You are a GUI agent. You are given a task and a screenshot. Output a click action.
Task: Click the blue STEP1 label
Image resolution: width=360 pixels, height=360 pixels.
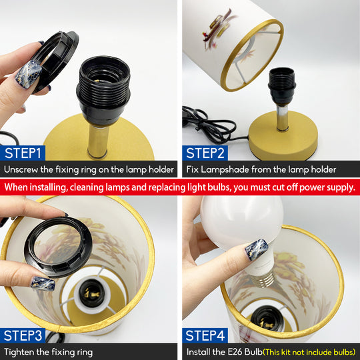23,153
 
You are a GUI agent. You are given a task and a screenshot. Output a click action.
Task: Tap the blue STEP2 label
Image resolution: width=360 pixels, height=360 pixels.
205,153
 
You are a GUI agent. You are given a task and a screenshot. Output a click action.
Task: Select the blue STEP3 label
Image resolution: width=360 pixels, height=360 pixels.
23,335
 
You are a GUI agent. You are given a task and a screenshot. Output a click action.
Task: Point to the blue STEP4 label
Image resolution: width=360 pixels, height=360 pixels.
205,335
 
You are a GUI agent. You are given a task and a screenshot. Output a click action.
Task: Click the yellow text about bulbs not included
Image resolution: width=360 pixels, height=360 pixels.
309,352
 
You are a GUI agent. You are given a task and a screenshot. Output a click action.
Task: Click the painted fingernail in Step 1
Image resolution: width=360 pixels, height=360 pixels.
29,75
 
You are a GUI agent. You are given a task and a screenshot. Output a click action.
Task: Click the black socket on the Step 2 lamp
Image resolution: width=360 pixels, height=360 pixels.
282,87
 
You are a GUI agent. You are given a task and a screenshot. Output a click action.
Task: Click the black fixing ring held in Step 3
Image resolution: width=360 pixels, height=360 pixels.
58,247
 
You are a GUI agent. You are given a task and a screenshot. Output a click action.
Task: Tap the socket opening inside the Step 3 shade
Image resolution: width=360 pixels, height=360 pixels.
92,293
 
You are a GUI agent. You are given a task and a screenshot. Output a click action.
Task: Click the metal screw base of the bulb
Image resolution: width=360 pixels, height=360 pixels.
263,279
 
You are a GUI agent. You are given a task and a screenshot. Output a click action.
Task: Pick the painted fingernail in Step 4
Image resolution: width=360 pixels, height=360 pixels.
257,250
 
